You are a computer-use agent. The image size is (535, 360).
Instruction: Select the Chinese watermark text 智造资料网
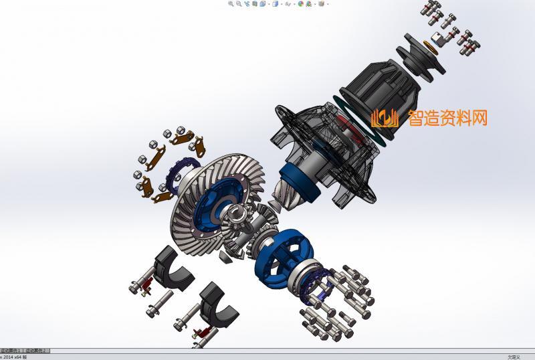click(447, 118)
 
